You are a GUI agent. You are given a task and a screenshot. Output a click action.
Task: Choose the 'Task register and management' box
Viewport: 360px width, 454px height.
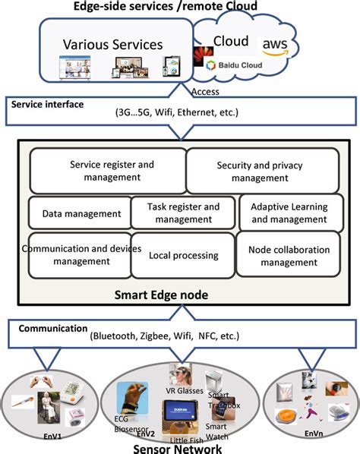(182, 213)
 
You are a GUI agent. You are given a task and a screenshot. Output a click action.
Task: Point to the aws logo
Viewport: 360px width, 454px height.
(274, 47)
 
